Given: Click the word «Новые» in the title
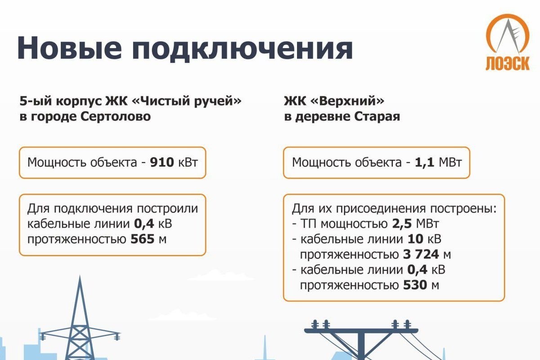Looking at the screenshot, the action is coord(69,48).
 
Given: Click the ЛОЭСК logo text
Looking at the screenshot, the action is coord(508,63).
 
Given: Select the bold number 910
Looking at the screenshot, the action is coord(162,162).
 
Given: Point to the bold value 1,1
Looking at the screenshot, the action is coord(424,162).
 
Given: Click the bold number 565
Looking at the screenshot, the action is coord(142,239).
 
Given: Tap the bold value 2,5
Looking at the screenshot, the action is coord(402,224).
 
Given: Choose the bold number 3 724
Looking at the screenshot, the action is coord(421,254).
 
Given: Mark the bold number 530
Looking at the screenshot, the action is coord(415,285).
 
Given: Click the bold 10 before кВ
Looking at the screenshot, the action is coord(415,239).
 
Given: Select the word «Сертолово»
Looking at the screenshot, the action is coord(116,117).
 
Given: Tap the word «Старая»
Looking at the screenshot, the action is coord(377,117).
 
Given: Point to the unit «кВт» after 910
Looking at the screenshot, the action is coord(188,162).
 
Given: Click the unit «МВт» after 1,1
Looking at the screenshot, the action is coord(450,162).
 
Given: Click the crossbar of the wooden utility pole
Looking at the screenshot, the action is coord(361,331).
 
